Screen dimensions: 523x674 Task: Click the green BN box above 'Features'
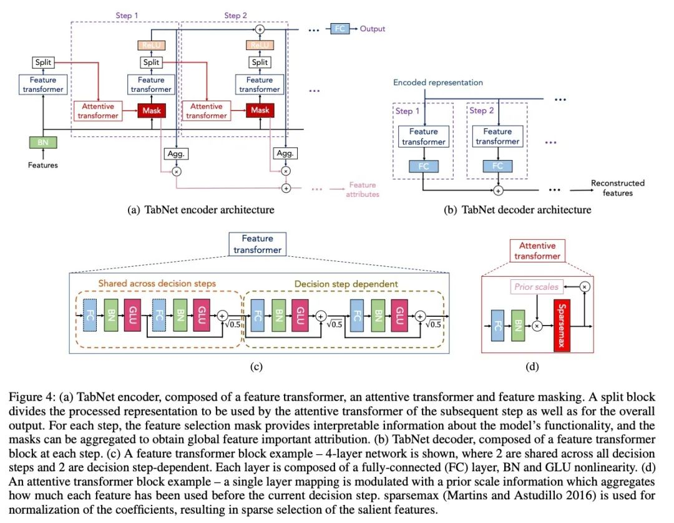click(42, 142)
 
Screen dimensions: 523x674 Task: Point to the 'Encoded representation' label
click(437, 82)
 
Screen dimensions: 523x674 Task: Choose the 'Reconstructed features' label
click(617, 188)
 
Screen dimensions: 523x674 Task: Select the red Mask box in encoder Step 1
click(150, 111)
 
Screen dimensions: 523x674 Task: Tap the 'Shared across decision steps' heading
click(157, 284)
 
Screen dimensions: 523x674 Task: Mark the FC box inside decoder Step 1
click(423, 166)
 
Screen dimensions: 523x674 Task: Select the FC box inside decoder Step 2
click(497, 166)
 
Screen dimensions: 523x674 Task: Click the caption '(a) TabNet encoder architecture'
click(200, 210)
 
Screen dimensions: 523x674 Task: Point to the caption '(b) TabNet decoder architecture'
click(517, 210)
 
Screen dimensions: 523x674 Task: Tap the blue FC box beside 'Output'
click(339, 29)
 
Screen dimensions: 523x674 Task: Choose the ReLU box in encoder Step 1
click(150, 45)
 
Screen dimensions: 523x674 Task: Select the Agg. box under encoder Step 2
click(285, 154)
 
